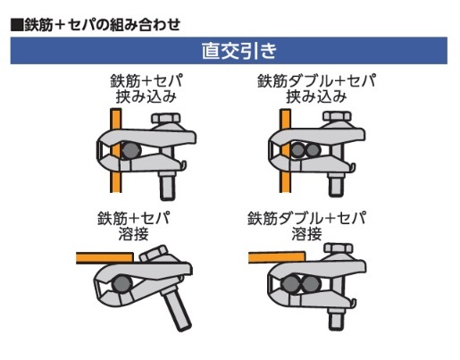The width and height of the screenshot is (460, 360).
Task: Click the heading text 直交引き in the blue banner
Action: [x=239, y=51]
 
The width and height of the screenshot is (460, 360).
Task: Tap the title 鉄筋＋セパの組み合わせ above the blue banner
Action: [x=103, y=24]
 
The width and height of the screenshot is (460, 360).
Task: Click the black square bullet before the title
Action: [x=17, y=25]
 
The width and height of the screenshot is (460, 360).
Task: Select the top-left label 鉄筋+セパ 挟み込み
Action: [x=146, y=88]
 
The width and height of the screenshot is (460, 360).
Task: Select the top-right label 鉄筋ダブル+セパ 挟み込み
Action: [x=316, y=88]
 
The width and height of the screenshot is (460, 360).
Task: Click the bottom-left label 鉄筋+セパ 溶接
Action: [x=134, y=226]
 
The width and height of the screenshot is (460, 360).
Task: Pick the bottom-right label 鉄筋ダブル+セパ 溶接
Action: [x=306, y=226]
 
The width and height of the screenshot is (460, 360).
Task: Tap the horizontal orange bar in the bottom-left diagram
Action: [x=105, y=258]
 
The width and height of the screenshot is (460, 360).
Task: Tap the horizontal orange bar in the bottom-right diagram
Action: [x=277, y=257]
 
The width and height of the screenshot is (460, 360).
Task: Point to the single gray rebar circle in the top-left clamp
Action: [x=130, y=150]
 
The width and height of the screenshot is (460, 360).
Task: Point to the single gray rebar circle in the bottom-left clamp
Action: [x=122, y=284]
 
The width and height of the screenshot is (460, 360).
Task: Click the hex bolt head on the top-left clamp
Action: [x=166, y=118]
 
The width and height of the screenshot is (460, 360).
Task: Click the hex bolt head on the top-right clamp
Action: [x=338, y=116]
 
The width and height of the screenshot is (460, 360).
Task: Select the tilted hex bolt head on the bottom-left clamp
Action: [x=154, y=254]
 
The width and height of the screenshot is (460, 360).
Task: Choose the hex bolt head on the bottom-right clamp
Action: [x=339, y=248]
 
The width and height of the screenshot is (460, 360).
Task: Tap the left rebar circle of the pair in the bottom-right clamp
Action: [x=290, y=284]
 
